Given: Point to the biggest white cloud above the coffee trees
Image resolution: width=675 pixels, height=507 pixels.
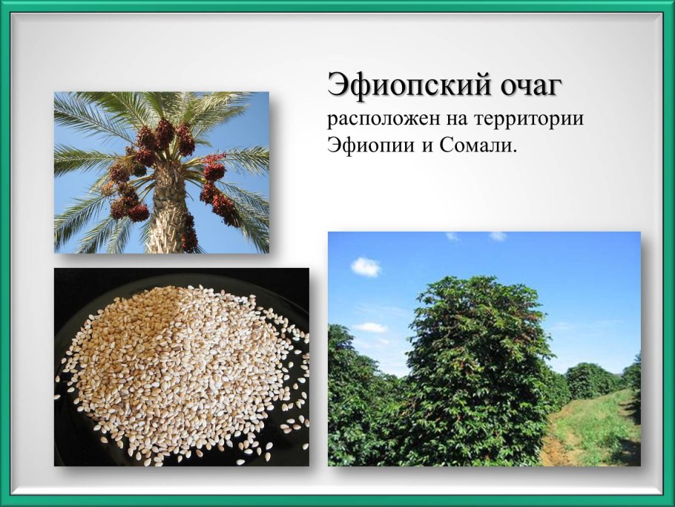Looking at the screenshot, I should (366, 266).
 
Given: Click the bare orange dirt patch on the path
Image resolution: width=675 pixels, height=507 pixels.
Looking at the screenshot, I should (553, 449).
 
